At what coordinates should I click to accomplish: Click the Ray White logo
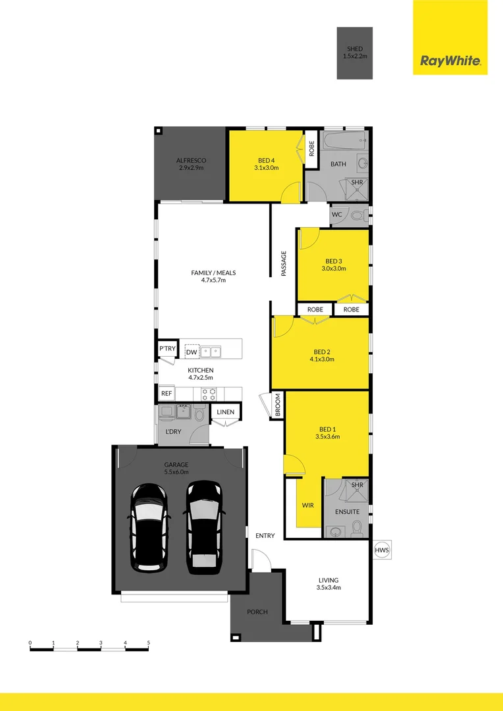pos(450,62)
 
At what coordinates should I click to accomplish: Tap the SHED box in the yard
pos(355,53)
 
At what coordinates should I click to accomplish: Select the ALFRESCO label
pos(191,164)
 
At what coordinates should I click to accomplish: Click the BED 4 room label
pos(267,164)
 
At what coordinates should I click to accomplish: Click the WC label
pos(337,215)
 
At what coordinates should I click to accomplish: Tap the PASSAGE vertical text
pos(284,263)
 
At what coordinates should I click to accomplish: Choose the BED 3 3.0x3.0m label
pos(332,265)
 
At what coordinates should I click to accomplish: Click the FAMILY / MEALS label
pos(213,276)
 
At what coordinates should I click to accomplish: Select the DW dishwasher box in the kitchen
pos(191,352)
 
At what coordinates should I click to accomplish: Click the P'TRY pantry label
pos(167,349)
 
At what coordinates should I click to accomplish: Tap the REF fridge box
pos(167,394)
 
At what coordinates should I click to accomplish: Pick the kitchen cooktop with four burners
pos(208,394)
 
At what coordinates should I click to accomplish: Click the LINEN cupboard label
pos(225,412)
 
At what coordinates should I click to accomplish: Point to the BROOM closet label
pos(278,405)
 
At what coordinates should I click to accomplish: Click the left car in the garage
pos(151,527)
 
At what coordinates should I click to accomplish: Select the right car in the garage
pos(204,525)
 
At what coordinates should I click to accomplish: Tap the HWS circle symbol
pos(382,550)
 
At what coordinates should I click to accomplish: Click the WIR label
pos(307,505)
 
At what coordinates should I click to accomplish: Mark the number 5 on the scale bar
pos(149,642)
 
